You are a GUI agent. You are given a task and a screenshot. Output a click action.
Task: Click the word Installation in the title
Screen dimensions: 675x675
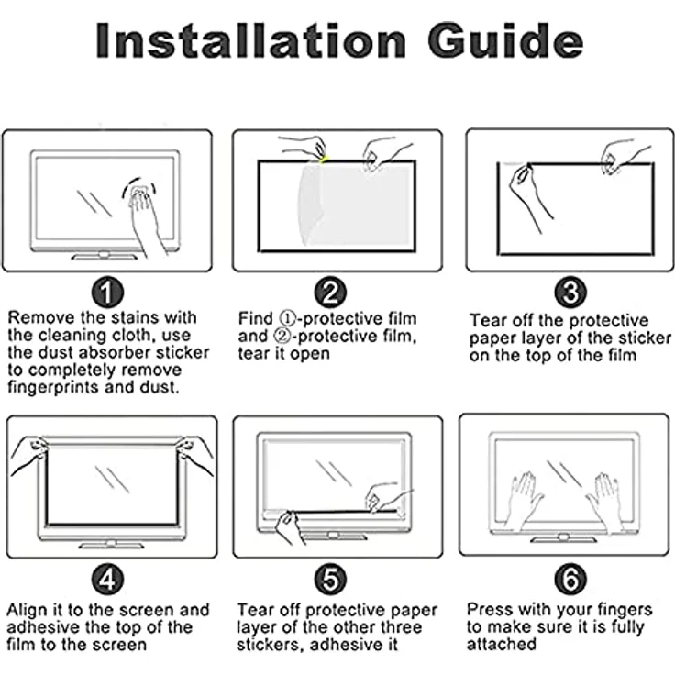point(250,40)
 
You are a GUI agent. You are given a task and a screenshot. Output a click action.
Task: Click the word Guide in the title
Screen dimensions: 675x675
point(505,40)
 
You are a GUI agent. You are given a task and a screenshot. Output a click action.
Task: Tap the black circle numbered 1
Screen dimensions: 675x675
point(107,293)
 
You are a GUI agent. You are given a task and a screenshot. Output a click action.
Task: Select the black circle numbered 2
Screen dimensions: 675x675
point(330,293)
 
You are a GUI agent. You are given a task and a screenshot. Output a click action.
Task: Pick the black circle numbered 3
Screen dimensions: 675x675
point(570,293)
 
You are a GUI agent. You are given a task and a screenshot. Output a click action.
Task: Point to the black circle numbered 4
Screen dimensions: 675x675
point(107,579)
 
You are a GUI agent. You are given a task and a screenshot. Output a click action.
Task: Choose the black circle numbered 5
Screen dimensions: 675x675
point(330,579)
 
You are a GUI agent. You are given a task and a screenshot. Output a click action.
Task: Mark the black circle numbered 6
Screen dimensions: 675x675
point(570,579)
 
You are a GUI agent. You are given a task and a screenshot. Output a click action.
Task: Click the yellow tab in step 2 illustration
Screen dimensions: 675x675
point(324,160)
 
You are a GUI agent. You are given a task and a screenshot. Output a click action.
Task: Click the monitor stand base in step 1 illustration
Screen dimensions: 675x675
point(105,257)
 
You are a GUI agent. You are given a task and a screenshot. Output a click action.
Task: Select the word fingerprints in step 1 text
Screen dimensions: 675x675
point(52,387)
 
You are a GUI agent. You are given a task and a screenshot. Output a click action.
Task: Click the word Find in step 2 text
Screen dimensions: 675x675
point(256,318)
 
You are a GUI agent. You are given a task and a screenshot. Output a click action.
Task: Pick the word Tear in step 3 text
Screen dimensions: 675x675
point(487,320)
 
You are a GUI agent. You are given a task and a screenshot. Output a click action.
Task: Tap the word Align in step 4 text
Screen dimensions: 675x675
point(28,611)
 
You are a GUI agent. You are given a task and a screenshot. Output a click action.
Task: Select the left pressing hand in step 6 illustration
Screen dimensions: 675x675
point(526,499)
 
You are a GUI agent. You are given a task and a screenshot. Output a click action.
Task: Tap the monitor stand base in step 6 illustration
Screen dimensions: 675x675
point(563,539)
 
